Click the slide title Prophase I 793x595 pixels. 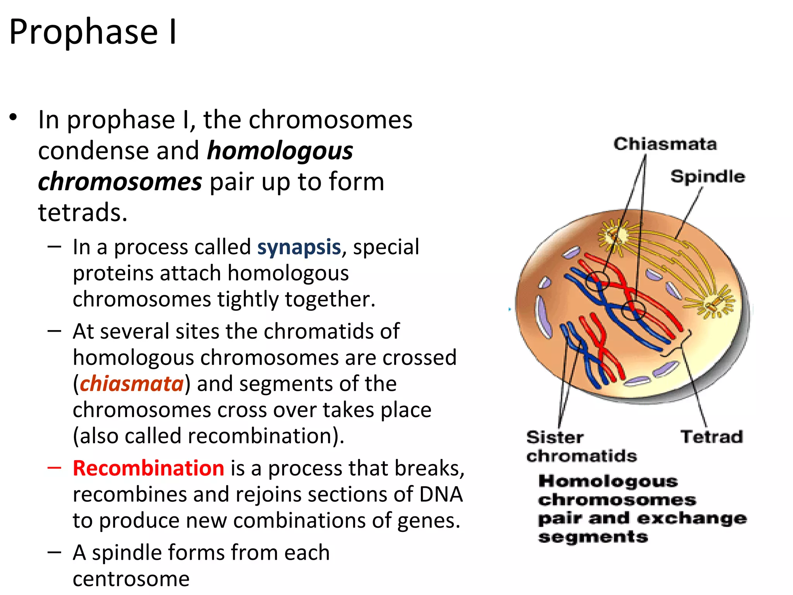click(93, 32)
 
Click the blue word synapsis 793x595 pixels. click(299, 247)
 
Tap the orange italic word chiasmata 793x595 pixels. click(132, 383)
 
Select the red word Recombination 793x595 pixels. click(148, 468)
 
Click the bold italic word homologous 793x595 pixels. click(280, 151)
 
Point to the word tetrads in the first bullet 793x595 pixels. click(82, 212)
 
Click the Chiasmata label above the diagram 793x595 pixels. click(665, 144)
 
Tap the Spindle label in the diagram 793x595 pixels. click(707, 177)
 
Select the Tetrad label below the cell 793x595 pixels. click(712, 437)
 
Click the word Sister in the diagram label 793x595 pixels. click(554, 437)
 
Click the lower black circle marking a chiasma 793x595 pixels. click(633, 310)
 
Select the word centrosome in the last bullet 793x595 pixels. click(131, 579)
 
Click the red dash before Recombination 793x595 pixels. click(54, 468)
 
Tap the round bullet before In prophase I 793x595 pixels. click(14, 117)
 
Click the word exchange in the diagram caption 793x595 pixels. click(692, 518)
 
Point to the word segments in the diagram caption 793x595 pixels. click(593, 537)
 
